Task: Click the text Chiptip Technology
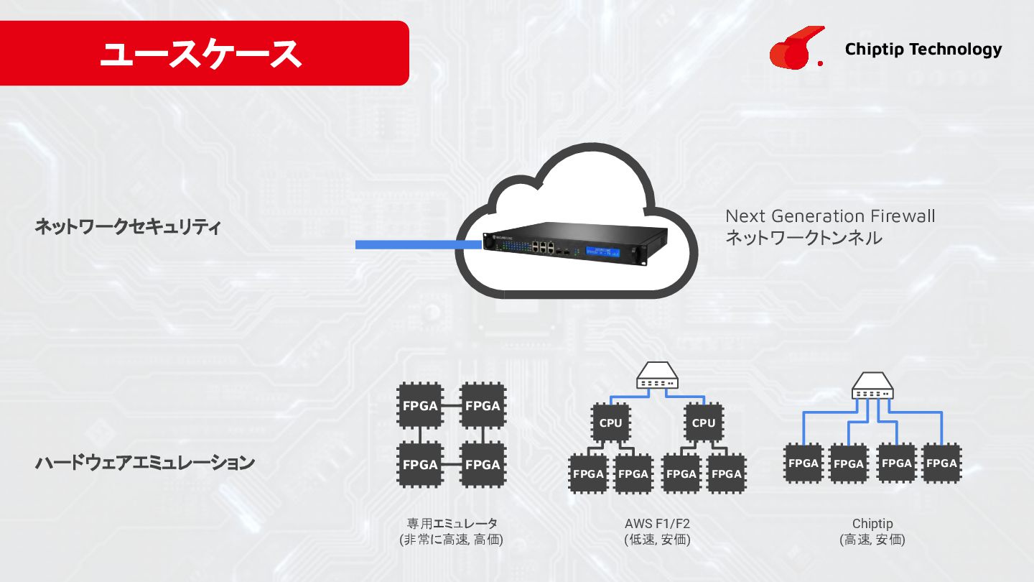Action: click(923, 49)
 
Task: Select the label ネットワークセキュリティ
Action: click(128, 228)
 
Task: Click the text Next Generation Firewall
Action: click(830, 216)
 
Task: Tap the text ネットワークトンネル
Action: click(804, 238)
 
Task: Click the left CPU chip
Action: click(610, 423)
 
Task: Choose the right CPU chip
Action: click(704, 423)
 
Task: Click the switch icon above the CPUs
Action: click(657, 379)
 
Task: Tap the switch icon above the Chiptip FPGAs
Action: click(872, 386)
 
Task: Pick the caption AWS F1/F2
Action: click(657, 523)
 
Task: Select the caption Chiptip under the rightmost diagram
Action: click(872, 523)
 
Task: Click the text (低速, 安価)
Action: click(657, 540)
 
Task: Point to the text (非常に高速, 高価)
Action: click(452, 540)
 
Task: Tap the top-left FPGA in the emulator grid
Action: click(420, 406)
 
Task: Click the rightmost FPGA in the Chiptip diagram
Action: click(941, 463)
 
